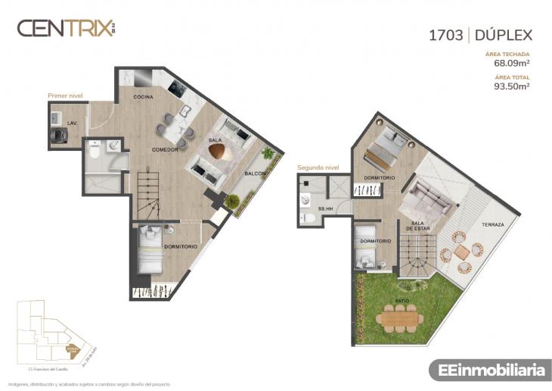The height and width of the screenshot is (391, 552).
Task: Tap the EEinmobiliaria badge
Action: point(491,370)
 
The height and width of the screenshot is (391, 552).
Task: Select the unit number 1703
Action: point(445,34)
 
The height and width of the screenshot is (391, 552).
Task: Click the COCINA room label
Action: point(143,97)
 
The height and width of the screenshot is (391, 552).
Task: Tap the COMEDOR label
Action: point(164,149)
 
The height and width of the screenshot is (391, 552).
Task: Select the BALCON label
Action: point(254,174)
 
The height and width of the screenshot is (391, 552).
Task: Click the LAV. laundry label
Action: point(73,122)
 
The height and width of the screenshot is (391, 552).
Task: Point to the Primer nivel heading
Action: point(65,96)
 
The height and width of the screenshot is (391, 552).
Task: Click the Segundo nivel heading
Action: point(318,167)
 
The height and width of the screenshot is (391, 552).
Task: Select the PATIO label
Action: point(402,301)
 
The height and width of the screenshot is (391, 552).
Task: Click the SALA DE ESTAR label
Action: point(418,225)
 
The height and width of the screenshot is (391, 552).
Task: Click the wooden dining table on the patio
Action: point(401,318)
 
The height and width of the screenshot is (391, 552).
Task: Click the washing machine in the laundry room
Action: point(57,134)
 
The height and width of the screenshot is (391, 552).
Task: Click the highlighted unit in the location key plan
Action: point(73,349)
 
